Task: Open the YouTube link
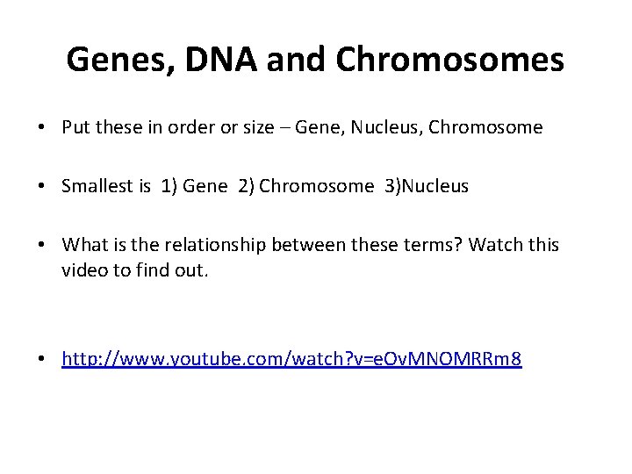(291, 359)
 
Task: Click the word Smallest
(96, 185)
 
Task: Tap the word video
(83, 270)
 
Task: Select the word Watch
(496, 244)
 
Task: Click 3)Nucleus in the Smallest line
(425, 185)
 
